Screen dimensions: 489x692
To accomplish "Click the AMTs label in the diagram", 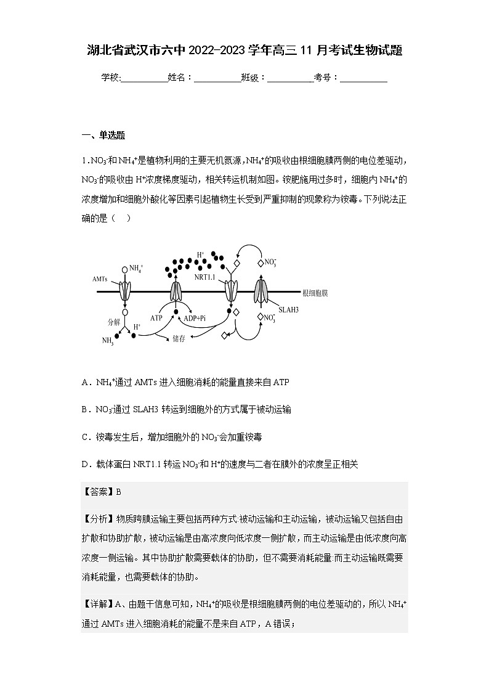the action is pyautogui.click(x=100, y=279).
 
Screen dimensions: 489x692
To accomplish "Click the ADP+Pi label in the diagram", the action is pyautogui.click(x=195, y=318).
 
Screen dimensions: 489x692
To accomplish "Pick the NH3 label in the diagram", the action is pyautogui.click(x=108, y=341).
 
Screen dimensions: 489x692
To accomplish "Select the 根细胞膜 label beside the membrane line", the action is pyautogui.click(x=315, y=291).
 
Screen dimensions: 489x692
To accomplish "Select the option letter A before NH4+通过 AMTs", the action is pyautogui.click(x=85, y=383).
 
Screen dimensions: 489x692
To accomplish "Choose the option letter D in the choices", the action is pyautogui.click(x=85, y=463).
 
